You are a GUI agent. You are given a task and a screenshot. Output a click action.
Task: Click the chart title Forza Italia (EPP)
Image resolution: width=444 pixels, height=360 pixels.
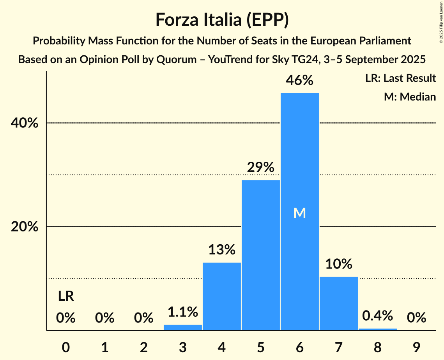(x=222, y=19)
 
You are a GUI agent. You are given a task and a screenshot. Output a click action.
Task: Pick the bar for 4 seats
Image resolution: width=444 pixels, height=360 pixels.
(x=221, y=296)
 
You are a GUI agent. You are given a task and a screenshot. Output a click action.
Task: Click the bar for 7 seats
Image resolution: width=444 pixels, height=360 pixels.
(x=338, y=304)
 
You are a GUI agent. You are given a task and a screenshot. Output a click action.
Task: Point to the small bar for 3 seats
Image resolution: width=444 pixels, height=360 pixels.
(x=182, y=328)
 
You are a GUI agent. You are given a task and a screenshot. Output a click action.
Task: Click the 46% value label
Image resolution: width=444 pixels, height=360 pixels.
(x=299, y=80)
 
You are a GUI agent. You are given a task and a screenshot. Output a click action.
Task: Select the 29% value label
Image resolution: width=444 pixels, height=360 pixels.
(x=260, y=168)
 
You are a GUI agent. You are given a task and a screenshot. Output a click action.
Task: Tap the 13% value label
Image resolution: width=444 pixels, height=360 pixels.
(x=221, y=250)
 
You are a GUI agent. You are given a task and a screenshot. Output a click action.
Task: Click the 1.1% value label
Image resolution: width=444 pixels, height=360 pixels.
(x=182, y=312)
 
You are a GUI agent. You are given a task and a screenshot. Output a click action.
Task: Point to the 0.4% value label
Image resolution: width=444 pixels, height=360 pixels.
(x=377, y=316)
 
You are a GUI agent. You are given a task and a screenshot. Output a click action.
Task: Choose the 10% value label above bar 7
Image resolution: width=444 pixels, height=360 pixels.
(x=338, y=264)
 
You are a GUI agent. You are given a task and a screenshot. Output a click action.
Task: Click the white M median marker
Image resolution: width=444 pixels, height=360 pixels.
(x=299, y=213)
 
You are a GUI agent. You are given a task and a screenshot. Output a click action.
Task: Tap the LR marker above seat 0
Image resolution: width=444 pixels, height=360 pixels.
(x=66, y=296)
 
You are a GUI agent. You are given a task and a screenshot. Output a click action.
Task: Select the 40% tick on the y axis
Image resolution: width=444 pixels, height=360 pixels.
(x=25, y=123)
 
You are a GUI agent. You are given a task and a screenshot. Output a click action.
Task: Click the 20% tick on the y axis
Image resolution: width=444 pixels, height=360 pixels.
(x=25, y=227)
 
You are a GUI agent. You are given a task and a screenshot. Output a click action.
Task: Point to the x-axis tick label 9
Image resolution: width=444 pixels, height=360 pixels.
(x=416, y=346)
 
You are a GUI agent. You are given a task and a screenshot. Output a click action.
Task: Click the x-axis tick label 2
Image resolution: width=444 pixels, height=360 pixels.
(x=143, y=346)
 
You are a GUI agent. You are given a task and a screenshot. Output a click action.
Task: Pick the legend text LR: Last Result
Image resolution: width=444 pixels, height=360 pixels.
(x=400, y=78)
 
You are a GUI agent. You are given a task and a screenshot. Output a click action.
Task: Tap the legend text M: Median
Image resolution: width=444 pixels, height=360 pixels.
(x=410, y=97)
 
